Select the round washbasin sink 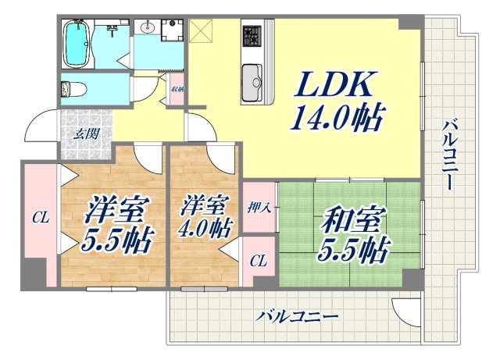tap(148, 28)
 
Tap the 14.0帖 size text tap(337, 119)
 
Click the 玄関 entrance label tap(86, 133)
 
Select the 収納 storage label tap(177, 88)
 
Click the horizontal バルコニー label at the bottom tap(298, 317)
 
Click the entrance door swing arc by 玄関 tap(43, 127)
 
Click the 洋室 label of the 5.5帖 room tap(106, 209)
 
